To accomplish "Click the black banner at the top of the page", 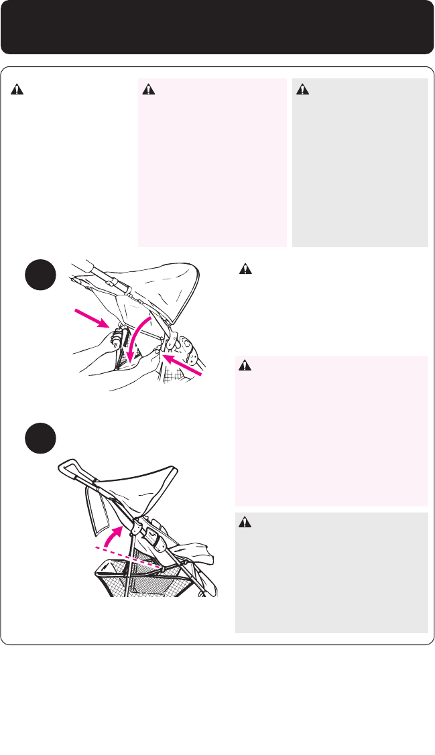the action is point(217,27).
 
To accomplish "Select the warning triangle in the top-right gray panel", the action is point(303,89).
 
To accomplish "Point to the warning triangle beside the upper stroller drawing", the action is point(246,269).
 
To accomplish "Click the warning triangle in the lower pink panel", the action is point(246,366).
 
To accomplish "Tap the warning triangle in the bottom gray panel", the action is point(246,523).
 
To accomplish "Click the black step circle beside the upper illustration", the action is point(39,276).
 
